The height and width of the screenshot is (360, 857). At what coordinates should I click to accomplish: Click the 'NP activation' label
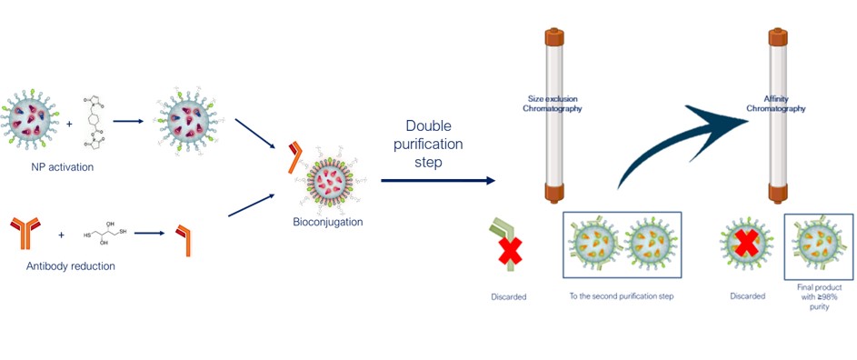pos(62,167)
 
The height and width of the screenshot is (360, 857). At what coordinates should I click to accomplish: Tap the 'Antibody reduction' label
pos(71,266)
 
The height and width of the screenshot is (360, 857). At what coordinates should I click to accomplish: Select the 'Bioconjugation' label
pos(327,222)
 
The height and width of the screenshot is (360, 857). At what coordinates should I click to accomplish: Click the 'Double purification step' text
pos(429,144)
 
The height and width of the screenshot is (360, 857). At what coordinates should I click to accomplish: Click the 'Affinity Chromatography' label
pos(777,104)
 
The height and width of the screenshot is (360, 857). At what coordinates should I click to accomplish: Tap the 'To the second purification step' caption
pos(622,296)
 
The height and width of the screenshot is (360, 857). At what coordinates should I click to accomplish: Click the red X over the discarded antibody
pos(509,251)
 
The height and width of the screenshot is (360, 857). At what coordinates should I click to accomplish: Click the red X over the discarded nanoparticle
pos(746,243)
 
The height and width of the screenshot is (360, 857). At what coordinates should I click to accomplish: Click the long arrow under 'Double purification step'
pos(438,181)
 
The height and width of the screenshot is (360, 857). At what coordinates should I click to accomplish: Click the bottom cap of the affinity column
pos(778,193)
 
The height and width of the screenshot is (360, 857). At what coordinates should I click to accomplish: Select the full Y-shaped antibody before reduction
pos(25,233)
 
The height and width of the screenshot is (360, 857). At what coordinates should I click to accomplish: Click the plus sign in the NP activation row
pos(69,125)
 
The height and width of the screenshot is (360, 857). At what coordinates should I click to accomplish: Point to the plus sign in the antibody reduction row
pos(61,235)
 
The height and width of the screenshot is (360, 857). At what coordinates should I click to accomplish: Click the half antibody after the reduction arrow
pos(184,240)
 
